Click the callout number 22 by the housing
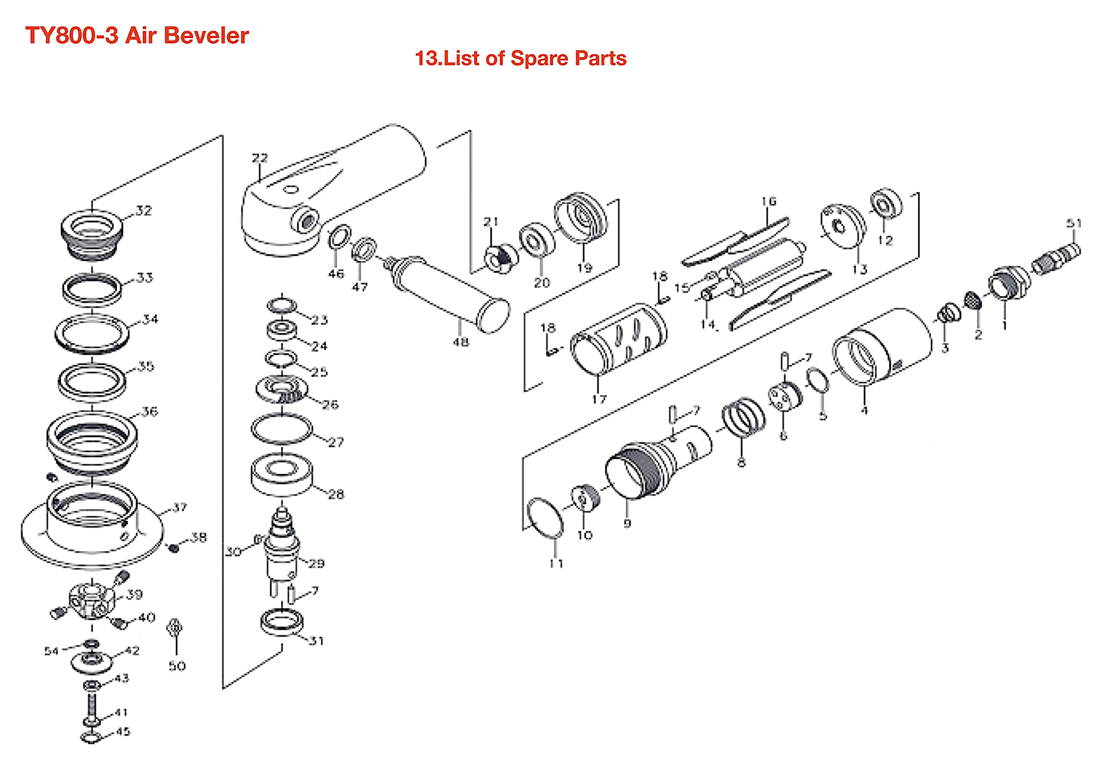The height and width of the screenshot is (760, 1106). [260, 158]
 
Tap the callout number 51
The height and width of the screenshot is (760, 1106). [1074, 223]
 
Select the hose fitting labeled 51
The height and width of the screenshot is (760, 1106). [1056, 258]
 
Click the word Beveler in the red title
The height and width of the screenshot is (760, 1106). [206, 36]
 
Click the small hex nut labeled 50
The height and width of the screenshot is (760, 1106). [175, 628]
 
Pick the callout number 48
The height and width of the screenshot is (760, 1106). [460, 342]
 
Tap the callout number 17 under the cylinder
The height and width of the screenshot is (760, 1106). [599, 399]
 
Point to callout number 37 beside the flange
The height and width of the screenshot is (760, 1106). [180, 507]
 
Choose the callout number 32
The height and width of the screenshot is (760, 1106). [143, 211]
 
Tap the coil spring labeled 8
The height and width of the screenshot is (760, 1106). [743, 418]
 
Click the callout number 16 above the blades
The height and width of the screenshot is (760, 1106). [768, 202]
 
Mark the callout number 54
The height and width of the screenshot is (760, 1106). [51, 651]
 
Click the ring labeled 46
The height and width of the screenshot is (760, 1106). [340, 237]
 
